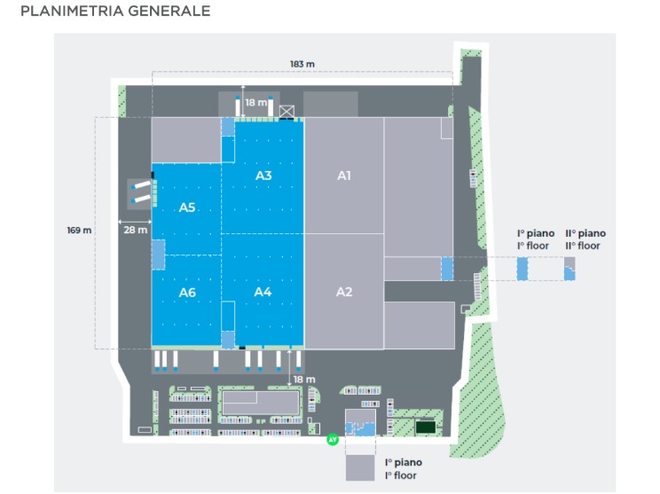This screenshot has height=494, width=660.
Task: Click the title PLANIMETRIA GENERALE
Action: [x=115, y=12]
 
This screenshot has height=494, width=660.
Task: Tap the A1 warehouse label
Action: [x=344, y=176]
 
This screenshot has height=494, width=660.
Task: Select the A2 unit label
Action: [x=344, y=292]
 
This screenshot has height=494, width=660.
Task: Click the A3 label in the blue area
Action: [x=263, y=176]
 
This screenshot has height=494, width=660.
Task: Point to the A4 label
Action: [x=263, y=292]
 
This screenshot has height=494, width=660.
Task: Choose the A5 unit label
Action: [x=187, y=208]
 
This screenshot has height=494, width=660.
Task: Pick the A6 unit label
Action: [x=187, y=292]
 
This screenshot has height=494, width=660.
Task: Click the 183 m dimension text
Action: [x=302, y=64]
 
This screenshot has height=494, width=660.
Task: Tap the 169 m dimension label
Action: [x=79, y=231]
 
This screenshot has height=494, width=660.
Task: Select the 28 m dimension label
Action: [x=136, y=230]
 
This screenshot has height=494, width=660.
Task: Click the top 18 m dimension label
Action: [x=255, y=103]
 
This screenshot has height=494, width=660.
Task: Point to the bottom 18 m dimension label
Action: [x=304, y=379]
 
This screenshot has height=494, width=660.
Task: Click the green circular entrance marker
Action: [x=334, y=438]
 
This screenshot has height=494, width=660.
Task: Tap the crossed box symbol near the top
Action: [x=287, y=111]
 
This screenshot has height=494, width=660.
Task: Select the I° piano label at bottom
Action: [x=403, y=468]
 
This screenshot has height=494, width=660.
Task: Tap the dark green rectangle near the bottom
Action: [x=426, y=427]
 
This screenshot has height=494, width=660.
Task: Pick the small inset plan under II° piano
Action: [x=570, y=268]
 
